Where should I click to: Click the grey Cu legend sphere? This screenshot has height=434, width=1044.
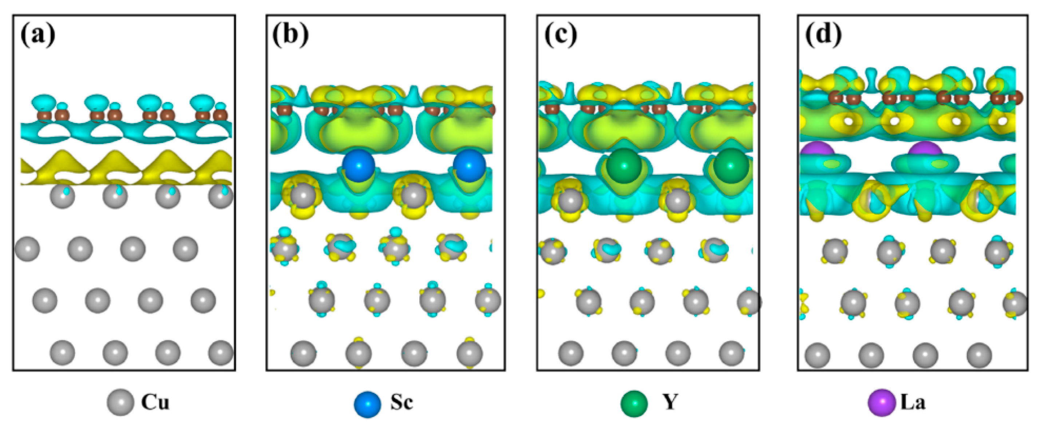pos(120,402)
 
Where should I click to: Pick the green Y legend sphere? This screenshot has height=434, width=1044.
pos(634,403)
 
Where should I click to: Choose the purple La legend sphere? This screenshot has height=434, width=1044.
pos(881,402)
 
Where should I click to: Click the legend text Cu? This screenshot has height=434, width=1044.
pos(155,402)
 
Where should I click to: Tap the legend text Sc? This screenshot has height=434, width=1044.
pos(402,402)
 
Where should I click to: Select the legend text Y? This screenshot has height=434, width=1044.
pos(670,402)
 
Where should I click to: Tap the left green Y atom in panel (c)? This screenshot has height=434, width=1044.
pos(624,165)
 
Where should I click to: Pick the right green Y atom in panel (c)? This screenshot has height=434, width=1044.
pos(731,165)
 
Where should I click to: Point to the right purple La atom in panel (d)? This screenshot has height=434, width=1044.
pos(925,149)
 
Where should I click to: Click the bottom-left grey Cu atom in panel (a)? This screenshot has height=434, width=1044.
pos(62,352)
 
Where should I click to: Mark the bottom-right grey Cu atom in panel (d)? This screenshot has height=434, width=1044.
pos(979,355)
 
